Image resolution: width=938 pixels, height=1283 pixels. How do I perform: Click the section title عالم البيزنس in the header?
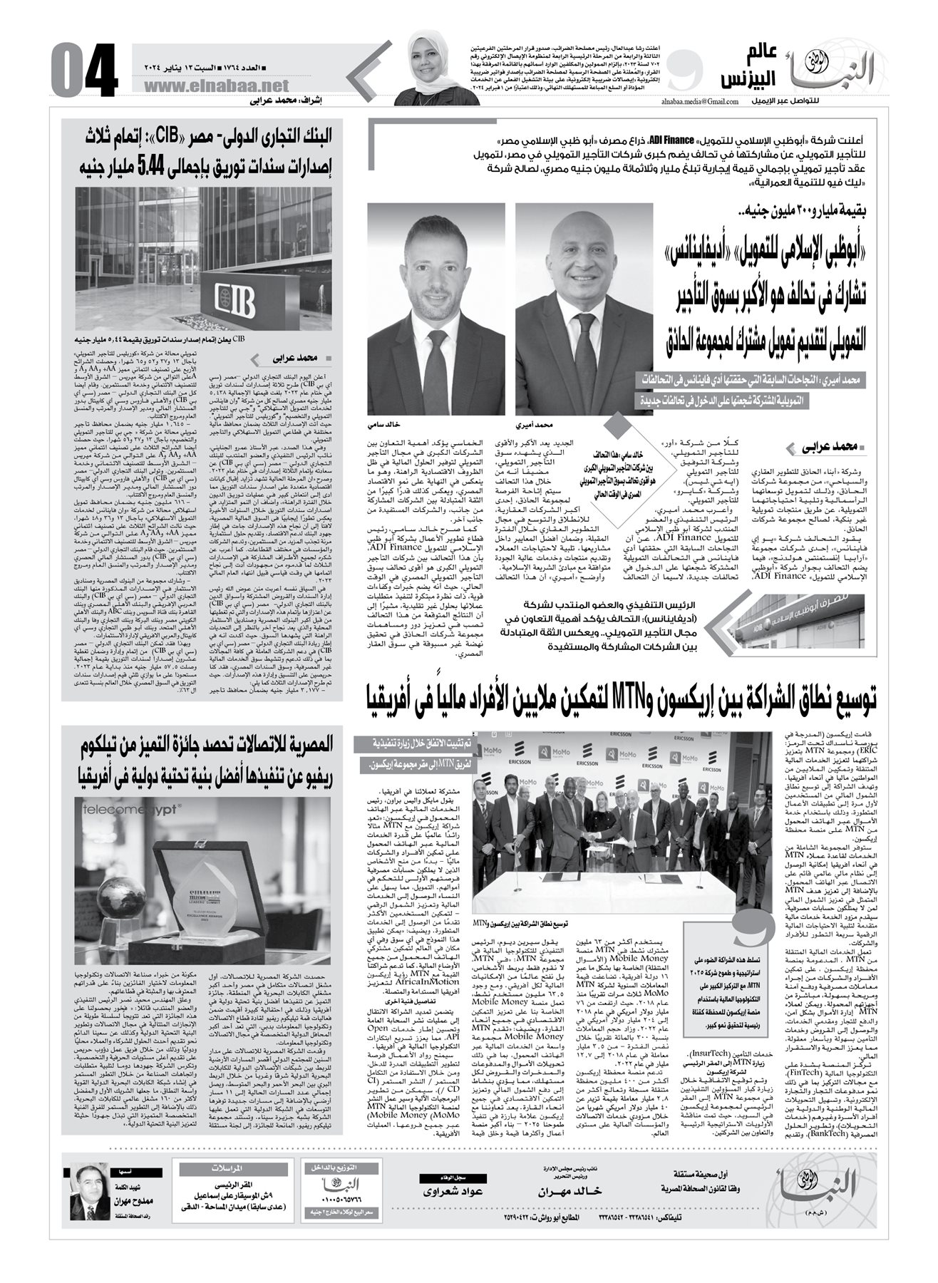coord(743,68)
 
